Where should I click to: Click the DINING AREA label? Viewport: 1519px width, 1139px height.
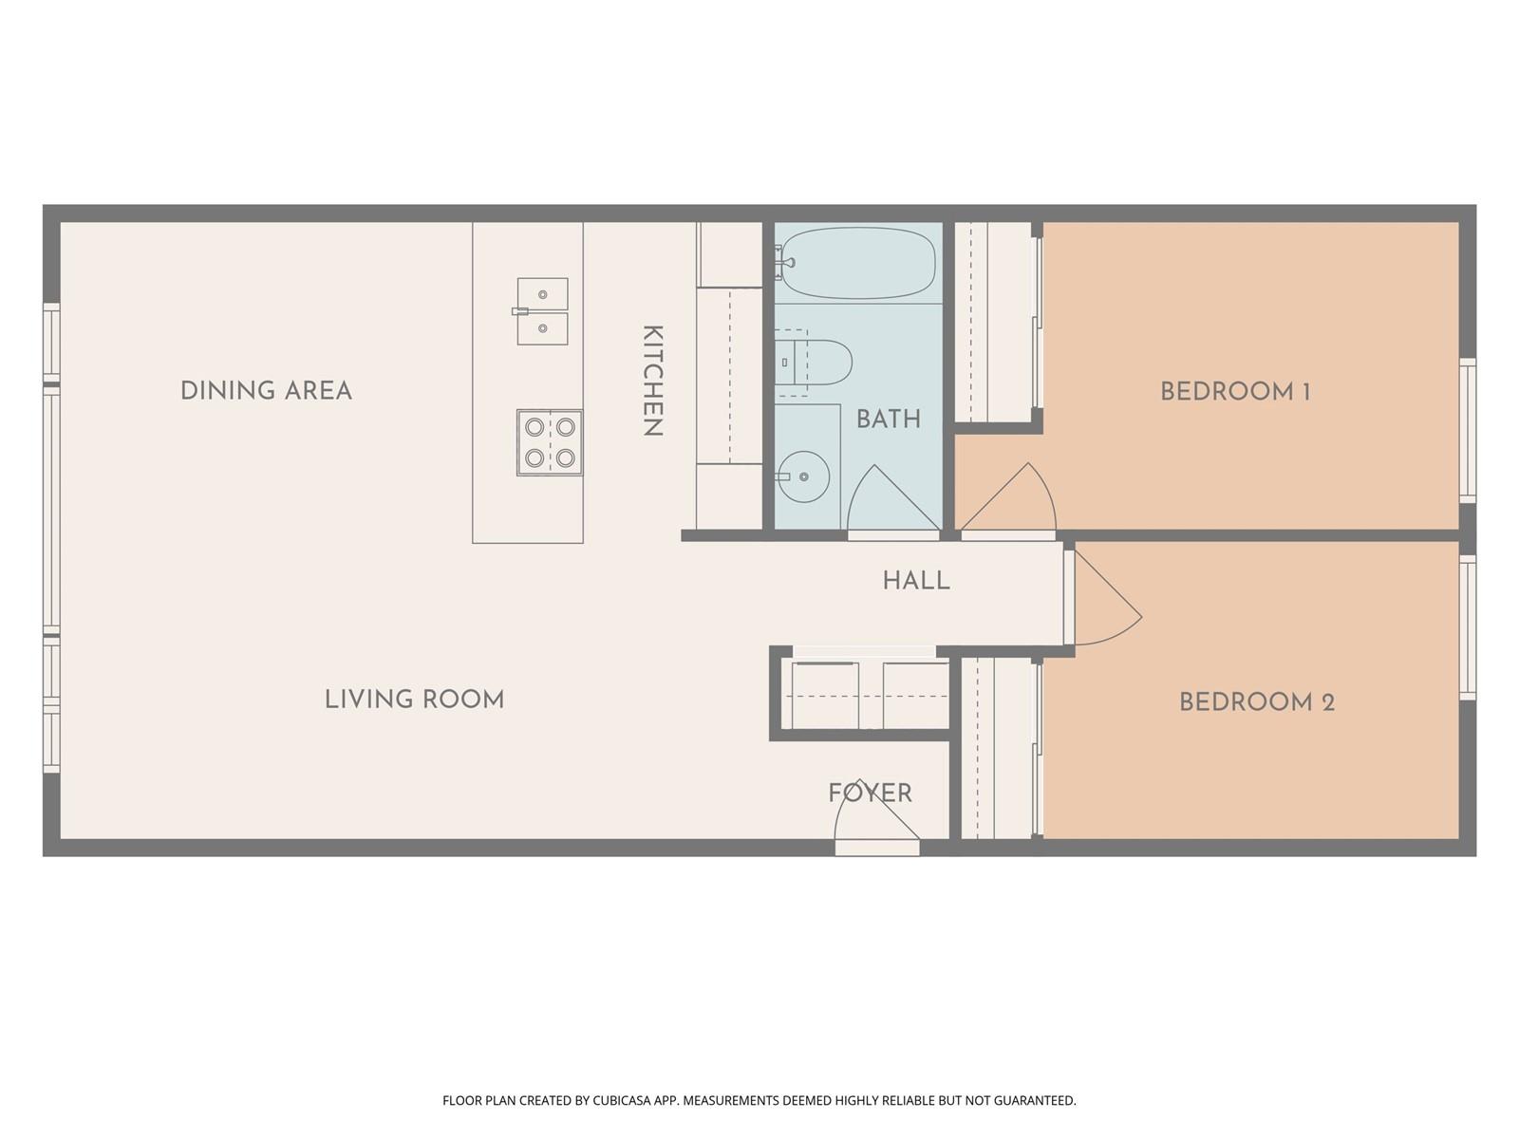tap(267, 391)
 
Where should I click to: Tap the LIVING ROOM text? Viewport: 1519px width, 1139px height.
tap(415, 700)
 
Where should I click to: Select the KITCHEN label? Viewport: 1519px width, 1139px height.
tap(652, 381)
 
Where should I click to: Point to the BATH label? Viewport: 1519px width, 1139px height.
tap(889, 419)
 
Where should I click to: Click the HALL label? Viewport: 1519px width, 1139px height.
tap(916, 580)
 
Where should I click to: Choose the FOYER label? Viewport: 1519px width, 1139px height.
tap(871, 793)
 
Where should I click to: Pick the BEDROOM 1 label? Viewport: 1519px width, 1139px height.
tap(1235, 391)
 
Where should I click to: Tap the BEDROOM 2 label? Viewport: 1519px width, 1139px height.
tap(1257, 702)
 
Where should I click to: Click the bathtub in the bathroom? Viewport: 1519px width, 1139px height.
tap(855, 263)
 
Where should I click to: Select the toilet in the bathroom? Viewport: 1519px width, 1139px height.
tap(813, 363)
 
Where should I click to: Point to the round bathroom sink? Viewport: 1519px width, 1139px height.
tap(803, 476)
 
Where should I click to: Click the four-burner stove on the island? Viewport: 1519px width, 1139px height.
tap(550, 442)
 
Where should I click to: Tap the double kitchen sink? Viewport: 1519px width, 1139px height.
tap(542, 311)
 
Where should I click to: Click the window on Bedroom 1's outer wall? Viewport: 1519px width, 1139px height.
tap(1467, 430)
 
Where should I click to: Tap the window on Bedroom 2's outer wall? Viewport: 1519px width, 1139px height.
tap(1467, 627)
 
